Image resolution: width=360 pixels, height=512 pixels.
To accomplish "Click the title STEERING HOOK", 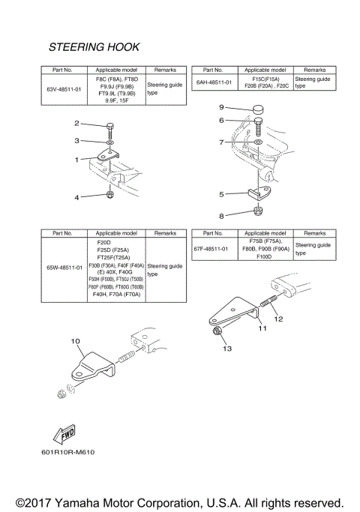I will tap(94, 47).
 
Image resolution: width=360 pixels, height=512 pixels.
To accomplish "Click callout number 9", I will tap(221, 107).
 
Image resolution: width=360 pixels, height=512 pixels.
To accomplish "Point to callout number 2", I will tap(76, 123).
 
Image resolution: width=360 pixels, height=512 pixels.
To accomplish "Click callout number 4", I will tap(76, 196).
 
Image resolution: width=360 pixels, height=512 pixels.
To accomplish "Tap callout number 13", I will tap(226, 349).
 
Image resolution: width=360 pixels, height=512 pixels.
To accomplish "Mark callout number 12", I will tap(277, 319).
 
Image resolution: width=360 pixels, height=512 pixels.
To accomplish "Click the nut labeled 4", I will tap(109, 196).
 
